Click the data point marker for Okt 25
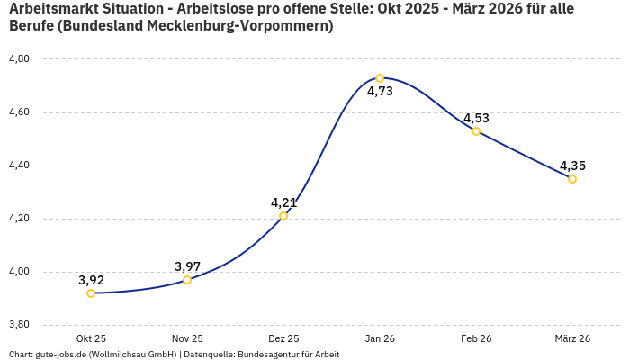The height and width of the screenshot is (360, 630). tap(91, 293)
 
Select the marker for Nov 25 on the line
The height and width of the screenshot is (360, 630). tap(187, 280)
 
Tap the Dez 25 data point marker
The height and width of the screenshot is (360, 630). tap(283, 216)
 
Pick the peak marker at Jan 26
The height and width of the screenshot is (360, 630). tap(380, 78)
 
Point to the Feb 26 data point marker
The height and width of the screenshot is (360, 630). tap(476, 131)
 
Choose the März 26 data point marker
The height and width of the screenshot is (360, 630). tap(572, 179)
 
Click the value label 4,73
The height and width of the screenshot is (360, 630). tap(380, 91)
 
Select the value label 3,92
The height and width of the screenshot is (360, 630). tap(91, 280)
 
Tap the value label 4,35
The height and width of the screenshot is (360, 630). tap(572, 166)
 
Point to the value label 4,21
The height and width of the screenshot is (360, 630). tap(283, 202)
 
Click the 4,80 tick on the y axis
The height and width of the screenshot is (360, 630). tap(19, 59)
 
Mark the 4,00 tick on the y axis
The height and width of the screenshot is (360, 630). tap(19, 272)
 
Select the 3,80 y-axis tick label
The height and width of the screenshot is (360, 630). tap(19, 325)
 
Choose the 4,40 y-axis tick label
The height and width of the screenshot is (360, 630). tap(19, 166)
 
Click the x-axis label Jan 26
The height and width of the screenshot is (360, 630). tap(380, 338)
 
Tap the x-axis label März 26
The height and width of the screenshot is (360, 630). tap(572, 338)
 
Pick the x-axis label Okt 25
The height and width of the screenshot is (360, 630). tap(91, 338)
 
